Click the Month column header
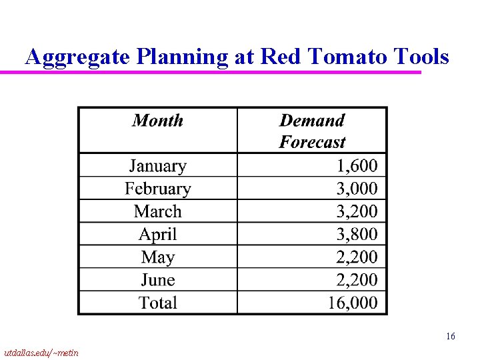pyautogui.click(x=157, y=121)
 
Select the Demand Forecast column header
pyautogui.click(x=312, y=131)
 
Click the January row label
pyautogui.click(x=157, y=166)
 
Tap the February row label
pyautogui.click(x=157, y=189)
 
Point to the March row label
pyautogui.click(x=157, y=211)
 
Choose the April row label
pyautogui.click(x=157, y=234)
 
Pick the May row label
pyautogui.click(x=157, y=257)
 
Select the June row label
pyautogui.click(x=157, y=280)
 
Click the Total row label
pyautogui.click(x=157, y=303)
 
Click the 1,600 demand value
pyautogui.click(x=357, y=165)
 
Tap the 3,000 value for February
pyautogui.click(x=357, y=189)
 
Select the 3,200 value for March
pyautogui.click(x=357, y=211)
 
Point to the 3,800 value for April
pyautogui.click(x=357, y=234)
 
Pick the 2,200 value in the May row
pyautogui.click(x=357, y=257)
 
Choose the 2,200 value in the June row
pyautogui.click(x=357, y=280)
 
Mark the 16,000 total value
pyautogui.click(x=353, y=303)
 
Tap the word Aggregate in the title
pyautogui.click(x=78, y=58)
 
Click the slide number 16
pyautogui.click(x=451, y=337)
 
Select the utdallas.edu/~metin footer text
pyautogui.click(x=41, y=352)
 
